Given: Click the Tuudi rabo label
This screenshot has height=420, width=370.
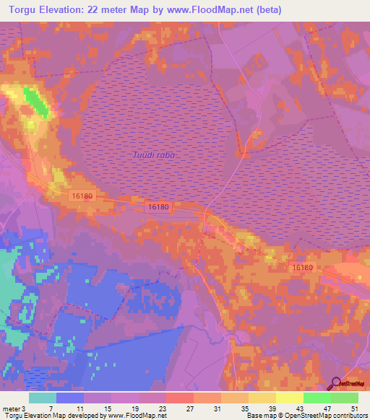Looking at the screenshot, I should (155, 155).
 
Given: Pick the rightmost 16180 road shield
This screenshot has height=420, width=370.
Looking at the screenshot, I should (304, 267).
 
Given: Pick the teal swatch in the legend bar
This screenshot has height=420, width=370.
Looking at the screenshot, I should (43, 398).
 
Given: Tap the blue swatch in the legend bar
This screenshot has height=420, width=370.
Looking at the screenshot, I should (69, 398).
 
